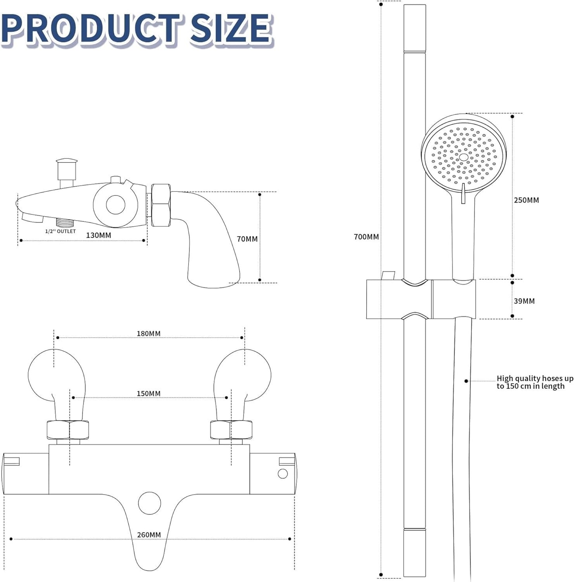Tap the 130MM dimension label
pyautogui.click(x=99, y=235)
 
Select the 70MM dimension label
pyautogui.click(x=247, y=239)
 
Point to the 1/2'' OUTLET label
pyautogui.click(x=60, y=231)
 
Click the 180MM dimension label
pyautogui.click(x=149, y=334)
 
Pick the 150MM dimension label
pyautogui.click(x=149, y=394)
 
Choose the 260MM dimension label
pyautogui.click(x=149, y=535)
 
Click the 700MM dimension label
pyautogui.click(x=366, y=237)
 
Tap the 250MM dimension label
pyautogui.click(x=526, y=200)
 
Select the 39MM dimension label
pyautogui.click(x=524, y=301)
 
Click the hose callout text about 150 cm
pyautogui.click(x=535, y=382)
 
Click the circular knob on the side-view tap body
pyautogui.click(x=115, y=204)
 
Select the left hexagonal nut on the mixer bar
pyautogui.click(x=68, y=430)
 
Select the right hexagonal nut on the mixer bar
pyautogui.click(x=231, y=430)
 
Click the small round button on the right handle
pyautogui.click(x=282, y=473)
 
